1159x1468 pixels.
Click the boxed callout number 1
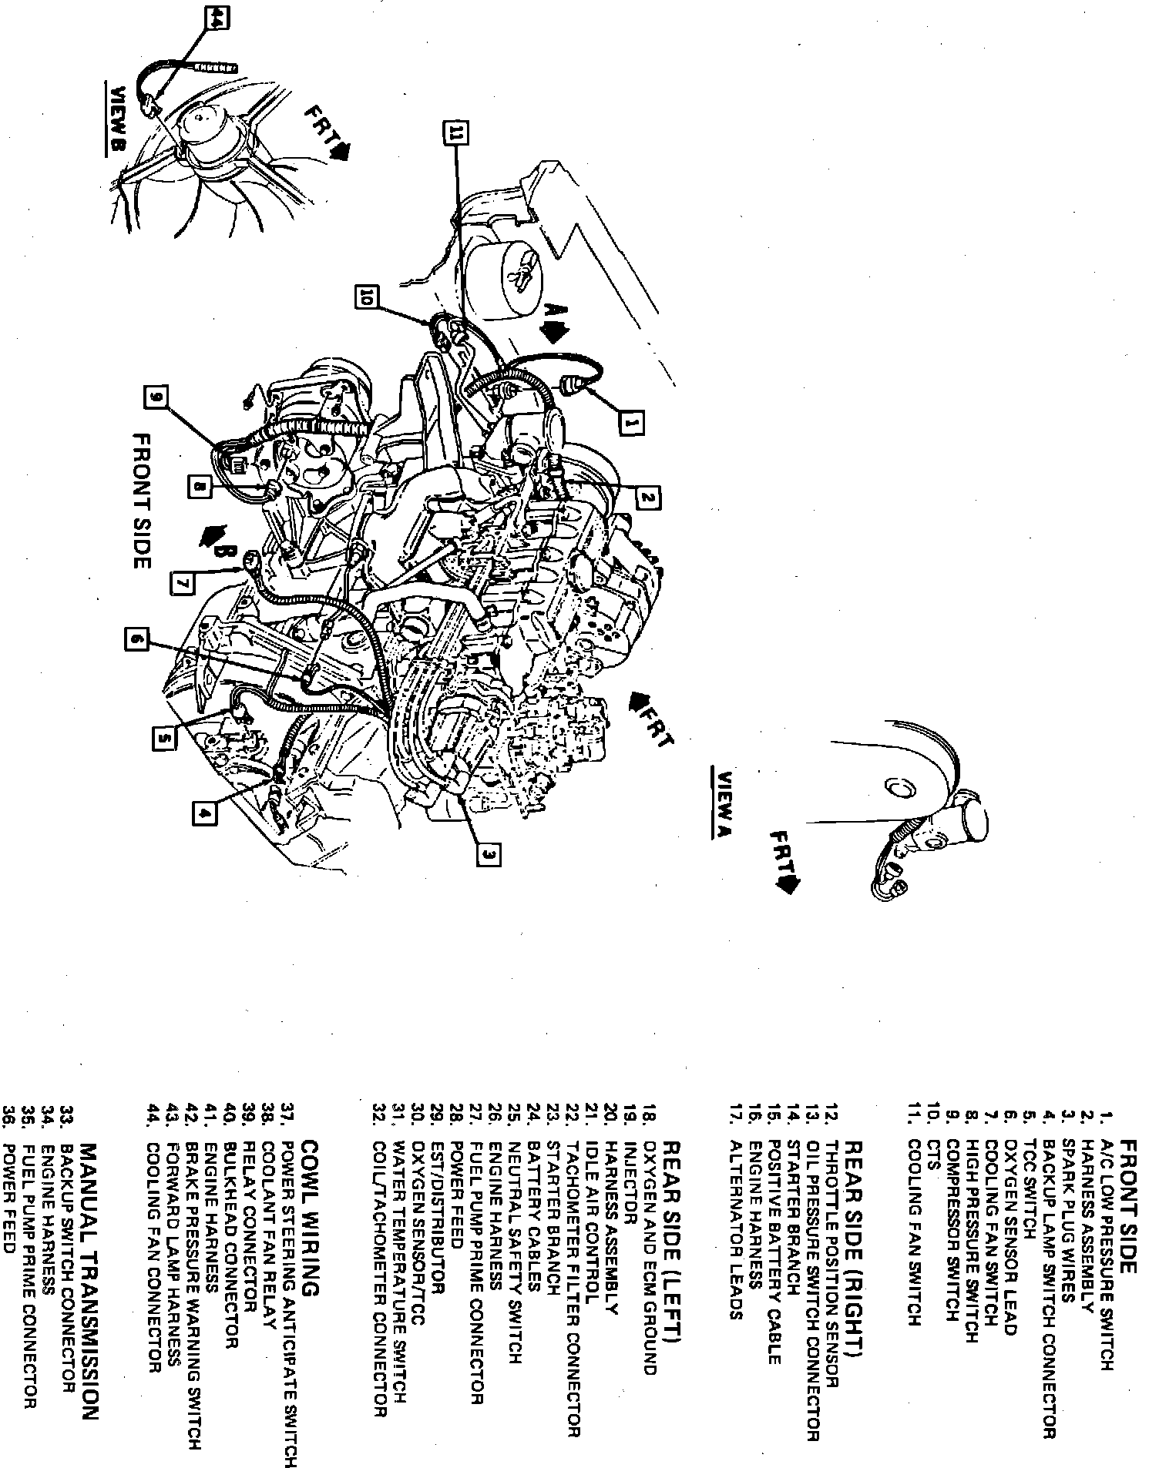tap(632, 423)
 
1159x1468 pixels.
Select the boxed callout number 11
tap(455, 133)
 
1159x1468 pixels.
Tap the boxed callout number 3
tap(489, 853)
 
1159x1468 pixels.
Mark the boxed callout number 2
tap(647, 498)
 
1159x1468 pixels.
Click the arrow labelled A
tap(553, 321)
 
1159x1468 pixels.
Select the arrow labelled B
tap(216, 541)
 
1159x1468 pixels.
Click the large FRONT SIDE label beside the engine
tap(141, 500)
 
